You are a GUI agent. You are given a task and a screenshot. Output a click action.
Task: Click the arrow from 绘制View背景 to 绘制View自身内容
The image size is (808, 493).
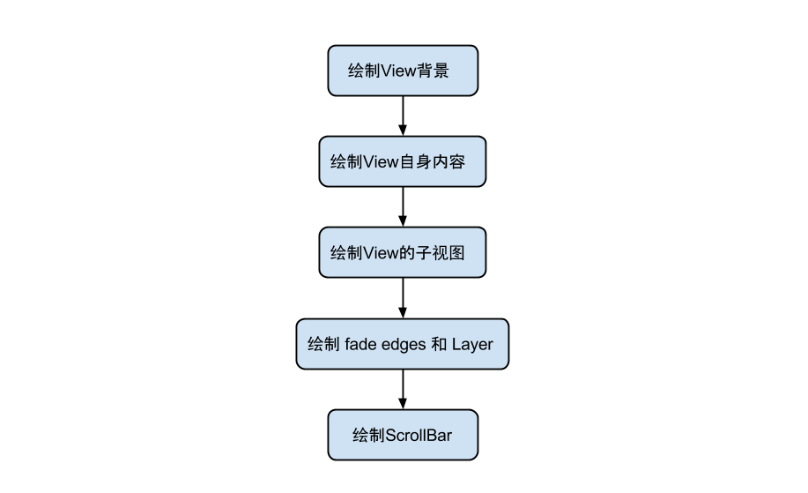click(x=403, y=115)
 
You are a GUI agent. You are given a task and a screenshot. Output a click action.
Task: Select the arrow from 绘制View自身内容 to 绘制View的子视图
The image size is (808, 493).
click(x=403, y=206)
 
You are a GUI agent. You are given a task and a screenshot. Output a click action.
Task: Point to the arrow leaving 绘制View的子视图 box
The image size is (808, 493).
click(x=403, y=298)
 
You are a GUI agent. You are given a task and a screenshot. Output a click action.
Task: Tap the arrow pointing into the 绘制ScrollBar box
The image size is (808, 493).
click(x=403, y=389)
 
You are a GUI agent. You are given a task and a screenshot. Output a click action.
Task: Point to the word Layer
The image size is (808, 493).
click(x=472, y=344)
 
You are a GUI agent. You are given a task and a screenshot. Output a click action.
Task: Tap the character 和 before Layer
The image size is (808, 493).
click(x=439, y=344)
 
